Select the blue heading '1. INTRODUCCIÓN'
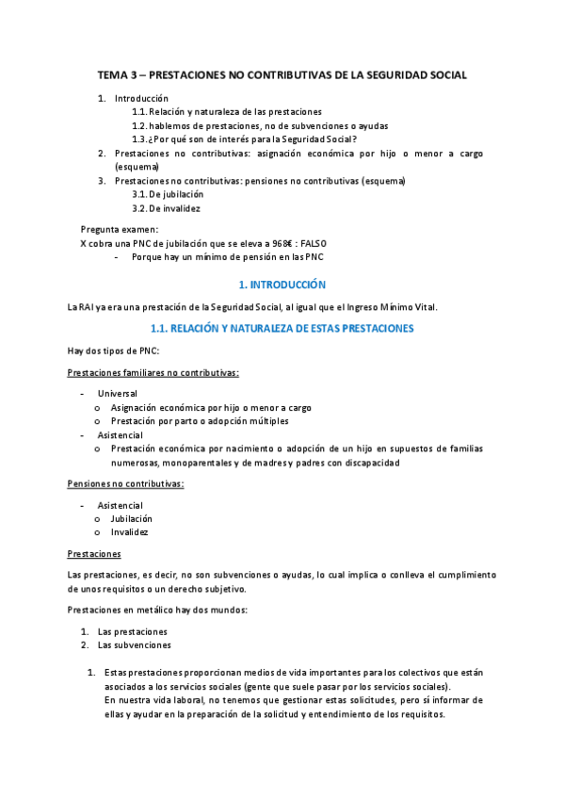282,284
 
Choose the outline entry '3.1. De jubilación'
169,194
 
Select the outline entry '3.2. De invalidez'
166,208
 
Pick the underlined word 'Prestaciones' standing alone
94,553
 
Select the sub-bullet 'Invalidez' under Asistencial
129,531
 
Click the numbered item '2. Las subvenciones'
134,645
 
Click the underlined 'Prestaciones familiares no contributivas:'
153,372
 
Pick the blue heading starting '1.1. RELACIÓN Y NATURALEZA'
282,328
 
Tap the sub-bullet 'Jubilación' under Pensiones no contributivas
131,518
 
